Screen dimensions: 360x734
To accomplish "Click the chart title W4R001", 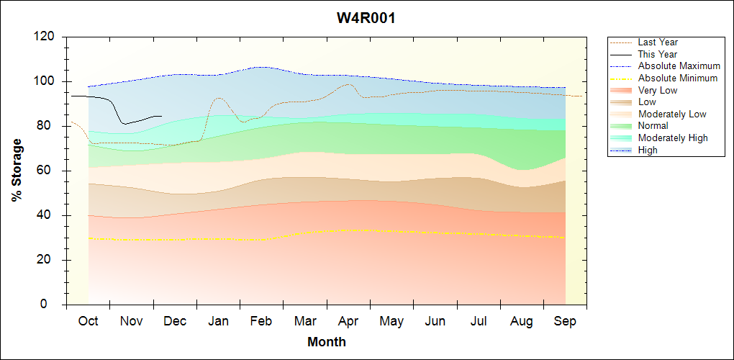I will pyautogui.click(x=366, y=18).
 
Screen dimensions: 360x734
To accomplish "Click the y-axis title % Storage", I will pyautogui.click(x=17, y=170).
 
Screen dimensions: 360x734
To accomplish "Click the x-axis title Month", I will pyautogui.click(x=327, y=342).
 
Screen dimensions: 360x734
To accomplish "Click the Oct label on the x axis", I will pyautogui.click(x=88, y=321).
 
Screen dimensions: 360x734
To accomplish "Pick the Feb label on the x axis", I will pyautogui.click(x=261, y=321).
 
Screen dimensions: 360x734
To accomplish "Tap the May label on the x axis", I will pyautogui.click(x=391, y=321).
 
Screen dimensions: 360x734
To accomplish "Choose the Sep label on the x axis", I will pyautogui.click(x=565, y=321).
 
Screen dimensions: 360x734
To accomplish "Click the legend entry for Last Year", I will pyautogui.click(x=658, y=42).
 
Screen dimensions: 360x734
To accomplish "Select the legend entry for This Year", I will pyautogui.click(x=658, y=54).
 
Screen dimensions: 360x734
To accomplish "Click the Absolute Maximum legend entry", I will pyautogui.click(x=679, y=66).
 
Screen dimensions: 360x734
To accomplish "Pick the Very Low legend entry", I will pyautogui.click(x=658, y=90).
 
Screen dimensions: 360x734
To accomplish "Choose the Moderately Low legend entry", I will pyautogui.click(x=672, y=114).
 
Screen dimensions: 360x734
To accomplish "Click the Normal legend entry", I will pyautogui.click(x=653, y=125).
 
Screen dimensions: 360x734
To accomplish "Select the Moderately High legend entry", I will pyautogui.click(x=673, y=138).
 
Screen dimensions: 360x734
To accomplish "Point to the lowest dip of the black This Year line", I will pyautogui.click(x=124, y=124).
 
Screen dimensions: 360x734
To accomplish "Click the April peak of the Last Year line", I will pyautogui.click(x=349, y=84).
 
